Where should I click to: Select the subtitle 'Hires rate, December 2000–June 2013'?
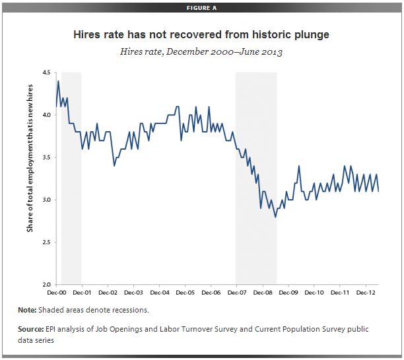click(201, 51)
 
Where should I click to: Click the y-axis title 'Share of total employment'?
click(30, 178)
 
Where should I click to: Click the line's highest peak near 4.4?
click(58, 81)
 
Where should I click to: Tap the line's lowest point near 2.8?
click(275, 216)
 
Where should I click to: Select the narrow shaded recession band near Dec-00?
click(71, 178)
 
